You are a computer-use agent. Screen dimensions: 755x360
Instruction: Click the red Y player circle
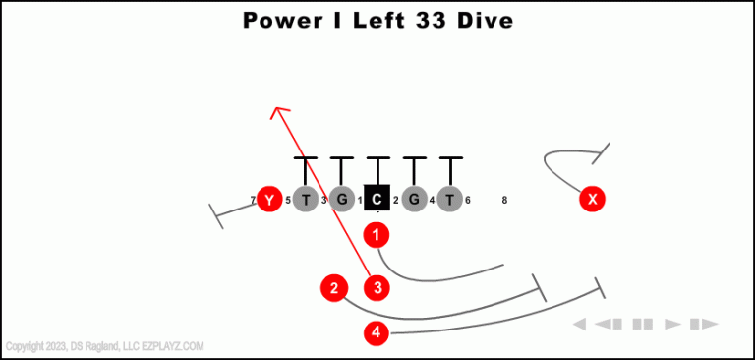[268, 200]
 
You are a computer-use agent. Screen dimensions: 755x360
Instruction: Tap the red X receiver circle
[592, 200]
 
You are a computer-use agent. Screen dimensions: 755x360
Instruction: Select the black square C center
[377, 199]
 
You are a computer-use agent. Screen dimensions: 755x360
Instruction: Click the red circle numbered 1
[377, 235]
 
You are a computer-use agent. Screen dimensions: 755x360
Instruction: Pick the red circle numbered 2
[334, 288]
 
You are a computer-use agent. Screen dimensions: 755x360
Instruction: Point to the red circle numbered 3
[377, 288]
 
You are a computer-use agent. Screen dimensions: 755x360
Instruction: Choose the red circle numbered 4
[377, 332]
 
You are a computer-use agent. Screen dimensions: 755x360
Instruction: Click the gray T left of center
[306, 200]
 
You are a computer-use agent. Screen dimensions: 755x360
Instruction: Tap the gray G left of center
[341, 200]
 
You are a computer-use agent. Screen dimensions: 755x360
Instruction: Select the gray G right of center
[414, 200]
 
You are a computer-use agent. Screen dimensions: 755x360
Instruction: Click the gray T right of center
[449, 200]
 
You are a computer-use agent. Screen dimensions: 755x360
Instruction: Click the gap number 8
[504, 200]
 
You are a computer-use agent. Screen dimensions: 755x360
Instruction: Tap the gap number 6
[468, 200]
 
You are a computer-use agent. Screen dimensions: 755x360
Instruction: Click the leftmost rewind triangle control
[580, 324]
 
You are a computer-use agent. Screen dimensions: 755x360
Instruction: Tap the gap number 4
[433, 201]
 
